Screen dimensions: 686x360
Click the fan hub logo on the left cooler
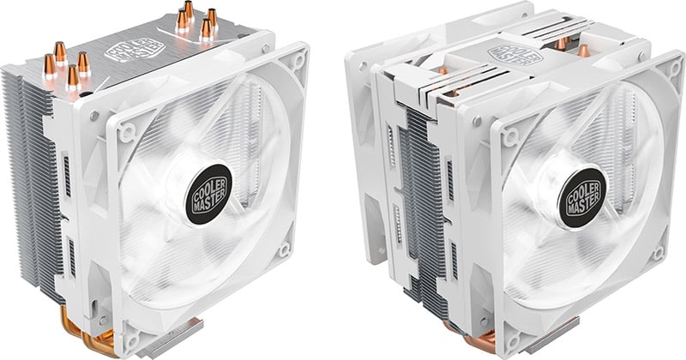[208, 195]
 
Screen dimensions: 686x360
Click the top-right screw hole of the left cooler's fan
[298, 61]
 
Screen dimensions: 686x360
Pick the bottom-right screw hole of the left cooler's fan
[285, 250]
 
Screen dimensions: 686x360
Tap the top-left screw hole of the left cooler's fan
[127, 132]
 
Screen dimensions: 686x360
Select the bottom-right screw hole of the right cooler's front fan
[658, 253]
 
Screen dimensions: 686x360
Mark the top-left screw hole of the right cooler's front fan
[509, 136]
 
